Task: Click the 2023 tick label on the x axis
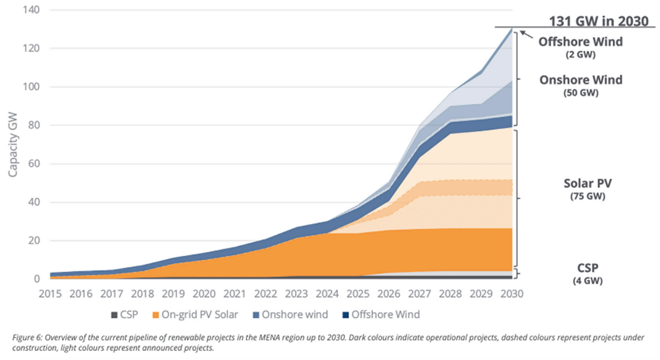pyautogui.click(x=298, y=293)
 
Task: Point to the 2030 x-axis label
pyautogui.click(x=513, y=293)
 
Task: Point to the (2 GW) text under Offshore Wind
pyautogui.click(x=580, y=55)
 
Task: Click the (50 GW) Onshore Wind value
pyautogui.click(x=580, y=93)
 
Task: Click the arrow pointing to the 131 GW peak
pyautogui.click(x=526, y=35)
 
